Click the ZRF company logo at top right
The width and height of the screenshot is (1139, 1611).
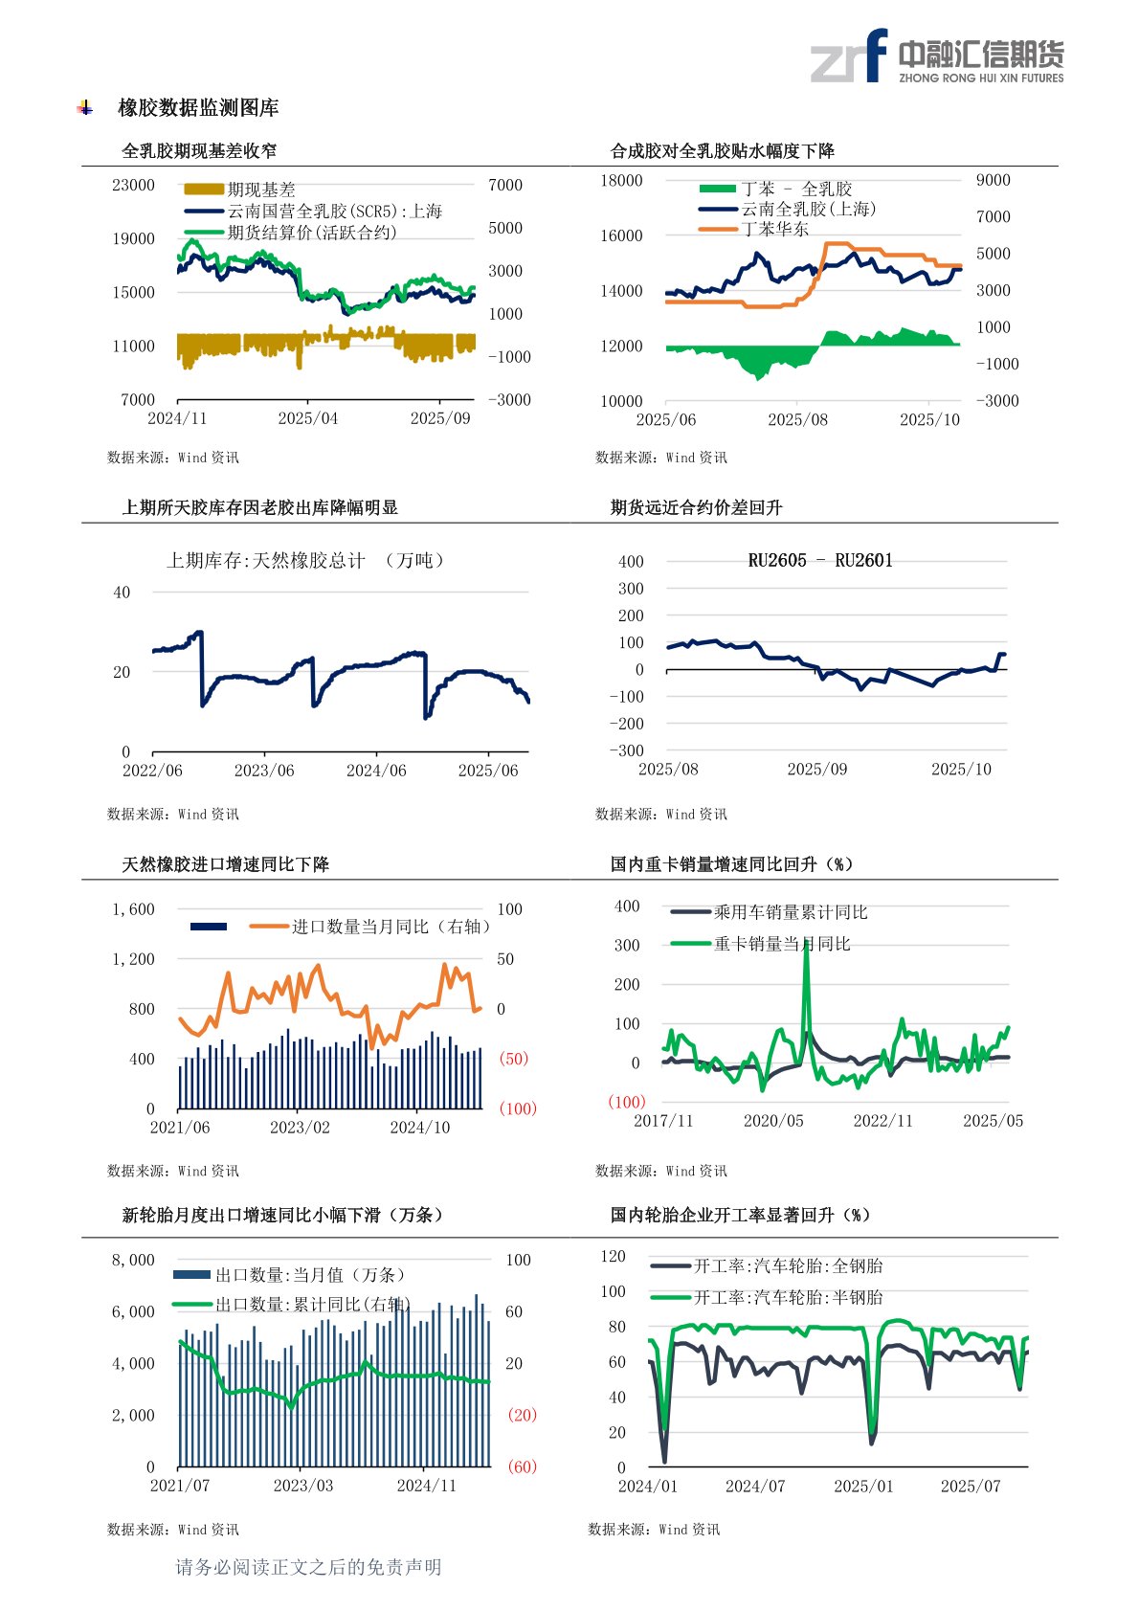(936, 56)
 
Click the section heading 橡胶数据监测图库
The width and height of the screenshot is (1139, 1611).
(198, 108)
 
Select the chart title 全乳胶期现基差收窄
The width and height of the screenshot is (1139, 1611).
(199, 150)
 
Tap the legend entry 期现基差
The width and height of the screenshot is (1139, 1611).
(260, 190)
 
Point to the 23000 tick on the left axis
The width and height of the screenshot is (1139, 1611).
(133, 185)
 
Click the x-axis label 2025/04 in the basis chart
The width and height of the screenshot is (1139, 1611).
(307, 418)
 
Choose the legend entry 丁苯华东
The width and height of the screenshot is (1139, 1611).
(774, 229)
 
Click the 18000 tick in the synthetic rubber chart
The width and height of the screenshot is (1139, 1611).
(621, 181)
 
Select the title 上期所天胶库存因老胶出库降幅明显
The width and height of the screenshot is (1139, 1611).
(259, 507)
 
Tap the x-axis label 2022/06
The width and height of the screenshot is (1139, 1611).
(152, 771)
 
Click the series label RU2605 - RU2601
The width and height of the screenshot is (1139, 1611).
(819, 561)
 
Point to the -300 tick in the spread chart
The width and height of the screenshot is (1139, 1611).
(626, 750)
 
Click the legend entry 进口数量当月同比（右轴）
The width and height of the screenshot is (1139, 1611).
(391, 927)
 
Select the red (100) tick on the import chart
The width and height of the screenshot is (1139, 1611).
(518, 1108)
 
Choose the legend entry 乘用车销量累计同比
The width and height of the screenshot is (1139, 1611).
(790, 912)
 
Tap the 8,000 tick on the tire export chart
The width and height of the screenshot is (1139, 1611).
(133, 1260)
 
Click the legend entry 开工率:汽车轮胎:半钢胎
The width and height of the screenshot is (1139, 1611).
(788, 1297)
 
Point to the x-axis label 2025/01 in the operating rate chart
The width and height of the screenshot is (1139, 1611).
(863, 1486)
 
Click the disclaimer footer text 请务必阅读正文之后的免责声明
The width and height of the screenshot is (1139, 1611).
(308, 1567)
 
